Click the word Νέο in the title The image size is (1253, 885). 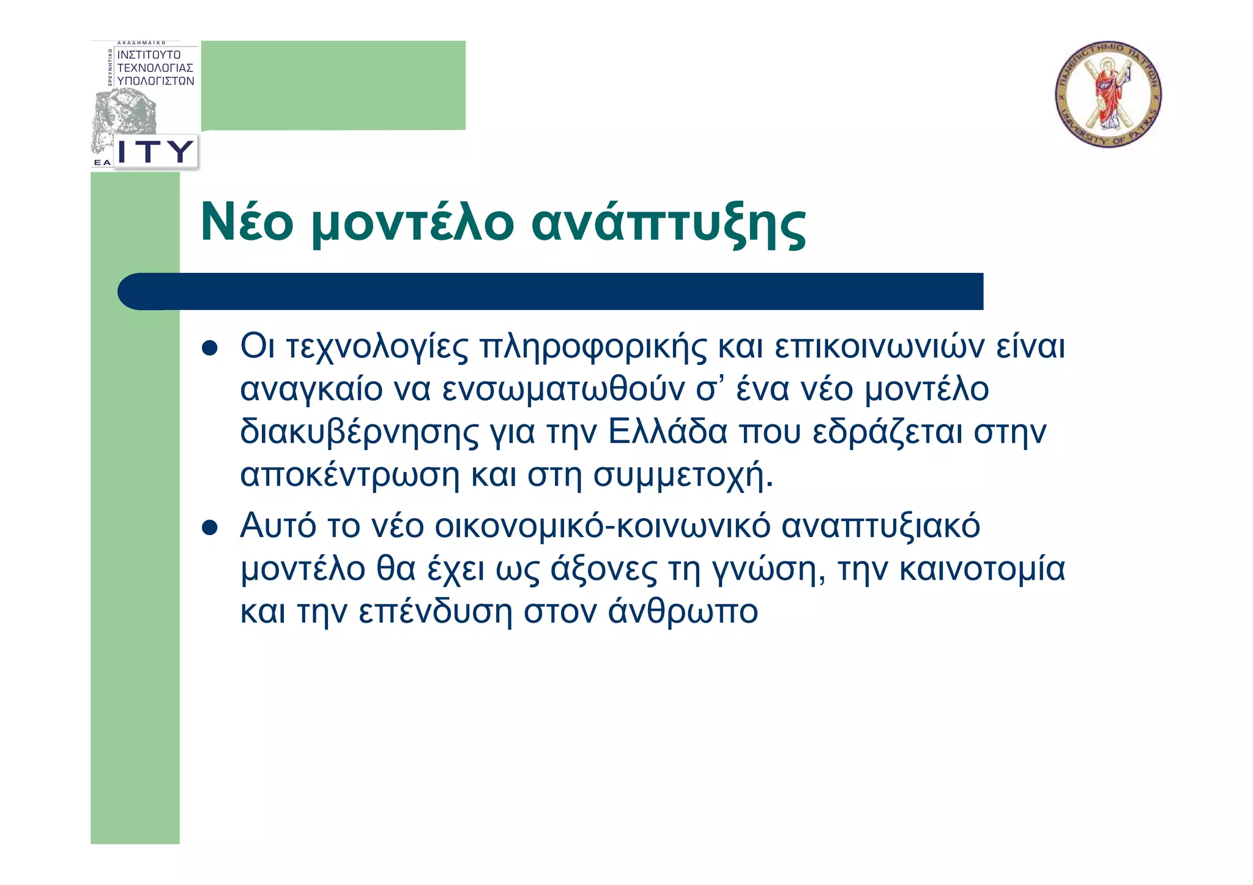coord(247,222)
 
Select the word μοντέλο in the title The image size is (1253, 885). coord(413,223)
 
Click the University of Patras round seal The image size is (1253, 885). coord(1108,95)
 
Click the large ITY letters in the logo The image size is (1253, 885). coord(155,151)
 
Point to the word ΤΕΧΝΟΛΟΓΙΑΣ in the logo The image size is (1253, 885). coord(155,68)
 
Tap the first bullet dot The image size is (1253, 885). coord(210,349)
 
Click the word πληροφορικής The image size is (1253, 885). coord(593,347)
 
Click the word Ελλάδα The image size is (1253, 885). coord(667,431)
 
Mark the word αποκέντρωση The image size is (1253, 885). coord(349,475)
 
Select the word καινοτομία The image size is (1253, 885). coord(983,568)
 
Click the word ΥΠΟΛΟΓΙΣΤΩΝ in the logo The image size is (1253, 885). coord(155,81)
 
